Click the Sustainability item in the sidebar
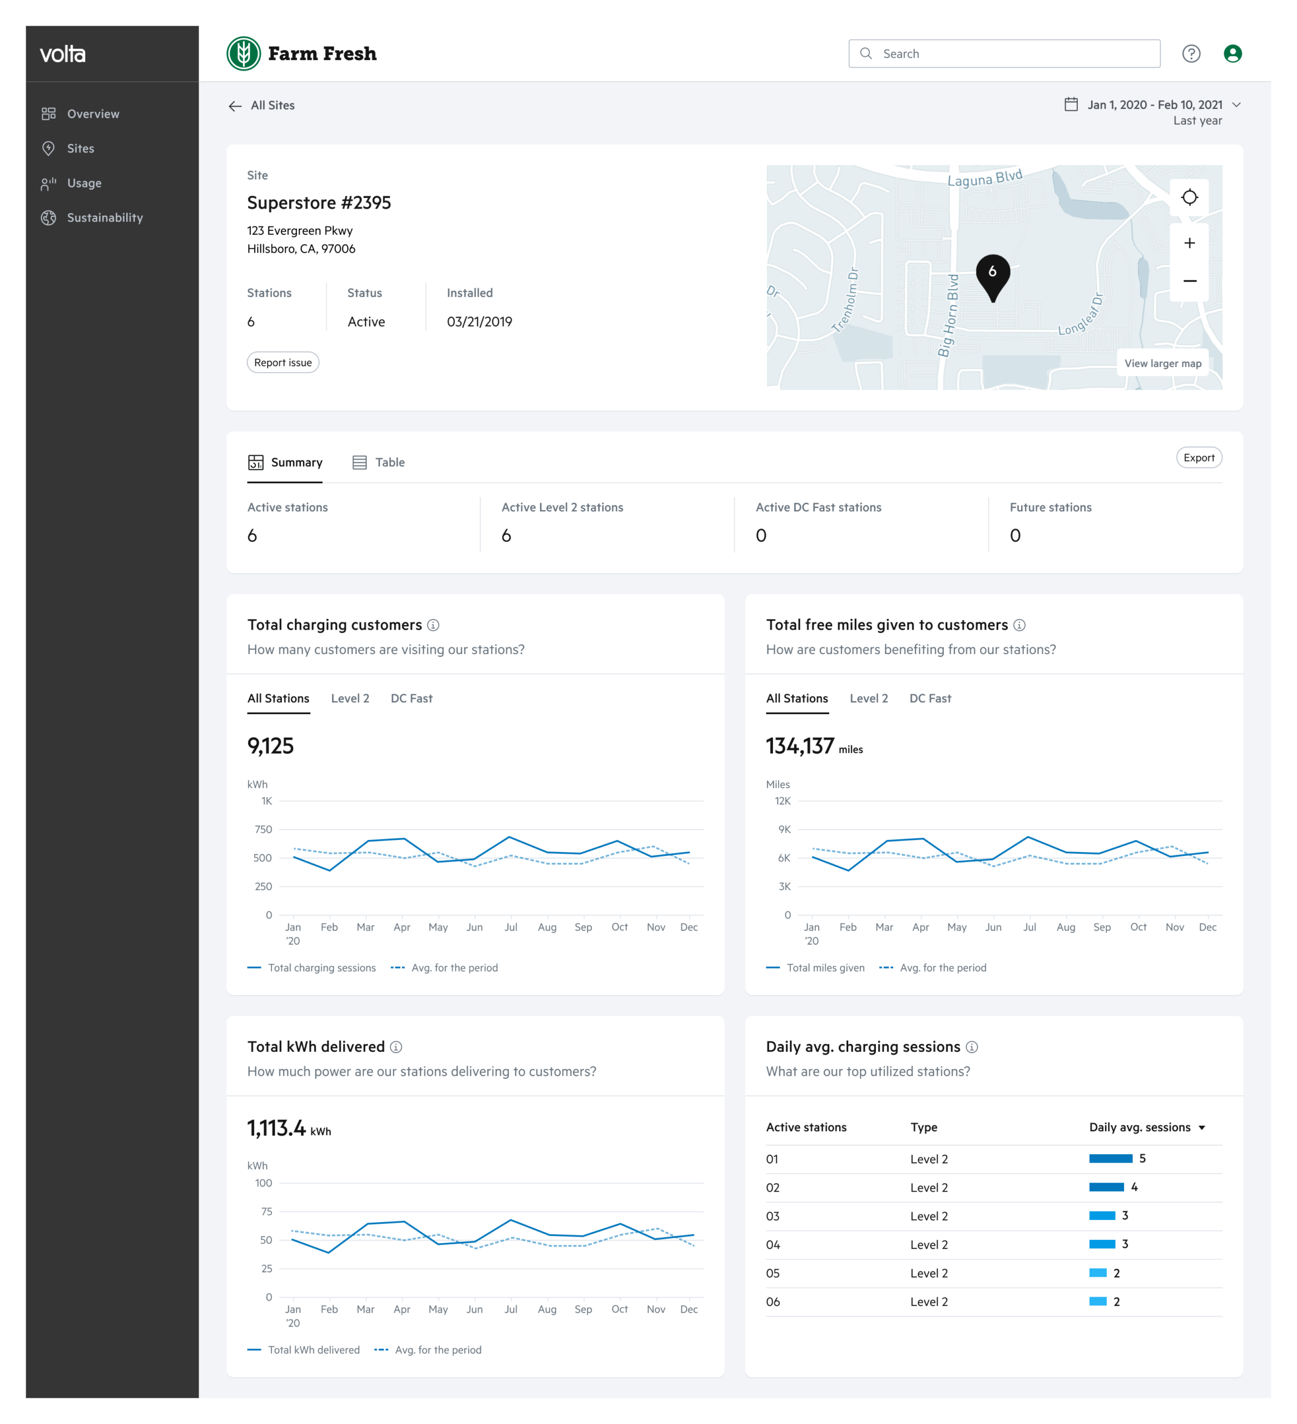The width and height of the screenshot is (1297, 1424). click(92, 217)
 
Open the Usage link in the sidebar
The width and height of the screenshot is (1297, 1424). click(71, 183)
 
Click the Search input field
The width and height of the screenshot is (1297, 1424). click(1004, 54)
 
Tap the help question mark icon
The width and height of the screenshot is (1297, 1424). click(1191, 54)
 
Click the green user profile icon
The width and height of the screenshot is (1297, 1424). click(1232, 54)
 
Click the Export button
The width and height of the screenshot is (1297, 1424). click(1199, 458)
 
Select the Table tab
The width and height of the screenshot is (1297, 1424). click(379, 463)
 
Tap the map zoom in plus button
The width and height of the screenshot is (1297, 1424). click(1190, 243)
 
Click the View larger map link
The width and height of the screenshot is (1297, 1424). click(1163, 364)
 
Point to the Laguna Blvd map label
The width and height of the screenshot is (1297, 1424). click(985, 178)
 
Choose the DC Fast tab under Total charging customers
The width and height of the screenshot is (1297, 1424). click(412, 699)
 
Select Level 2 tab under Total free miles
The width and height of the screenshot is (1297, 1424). click(869, 699)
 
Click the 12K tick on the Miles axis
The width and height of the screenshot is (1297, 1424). click(783, 801)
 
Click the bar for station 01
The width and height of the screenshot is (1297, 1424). click(1111, 1159)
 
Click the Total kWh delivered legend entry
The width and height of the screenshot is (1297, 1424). click(304, 1350)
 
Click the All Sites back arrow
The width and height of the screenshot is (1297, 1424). click(235, 106)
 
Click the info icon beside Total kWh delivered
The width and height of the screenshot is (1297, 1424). click(397, 1047)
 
